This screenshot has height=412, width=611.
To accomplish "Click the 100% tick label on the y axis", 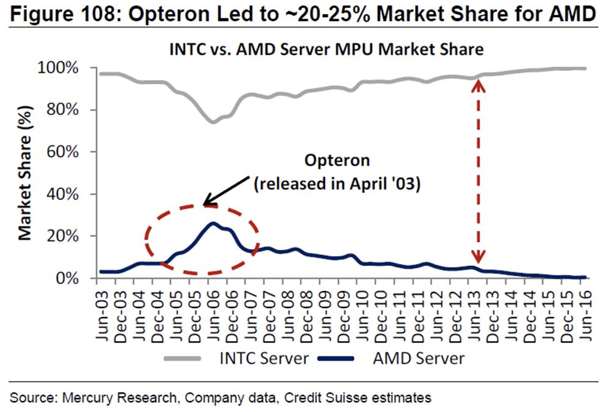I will [x=60, y=68].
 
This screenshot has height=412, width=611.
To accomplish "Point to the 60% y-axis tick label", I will [x=64, y=152].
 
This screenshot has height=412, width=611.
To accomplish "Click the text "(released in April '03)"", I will [x=337, y=185].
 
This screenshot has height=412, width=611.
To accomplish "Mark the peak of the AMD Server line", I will [x=213, y=223].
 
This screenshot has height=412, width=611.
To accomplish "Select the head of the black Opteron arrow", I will [x=206, y=204].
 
